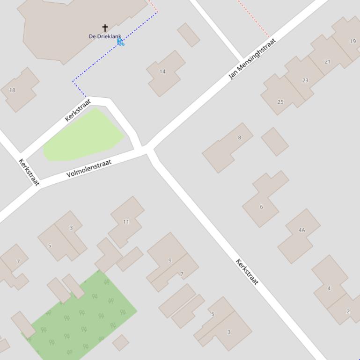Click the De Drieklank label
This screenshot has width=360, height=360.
(x=105, y=36)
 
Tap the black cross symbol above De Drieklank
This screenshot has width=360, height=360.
(x=105, y=29)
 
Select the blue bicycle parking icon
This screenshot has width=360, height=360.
(x=120, y=42)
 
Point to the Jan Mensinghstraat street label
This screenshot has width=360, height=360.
(x=252, y=58)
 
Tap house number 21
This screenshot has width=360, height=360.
(x=327, y=61)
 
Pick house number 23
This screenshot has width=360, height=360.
(x=305, y=80)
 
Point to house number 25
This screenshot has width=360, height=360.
(x=280, y=101)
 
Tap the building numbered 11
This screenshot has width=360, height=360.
(x=126, y=222)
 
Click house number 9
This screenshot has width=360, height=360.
(x=170, y=260)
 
